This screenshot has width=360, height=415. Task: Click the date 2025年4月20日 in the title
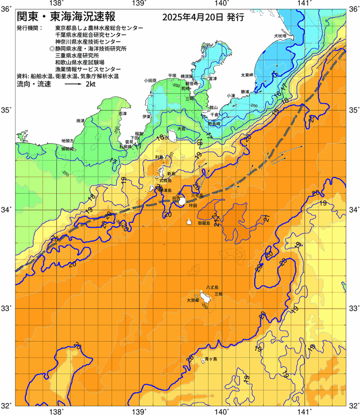pos(193,18)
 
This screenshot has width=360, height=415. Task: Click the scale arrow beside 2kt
pos(73,84)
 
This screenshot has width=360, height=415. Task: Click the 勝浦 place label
pos(245,92)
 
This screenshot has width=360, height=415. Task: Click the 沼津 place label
pos(122,113)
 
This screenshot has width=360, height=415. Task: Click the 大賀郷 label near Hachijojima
pos(193,300)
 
